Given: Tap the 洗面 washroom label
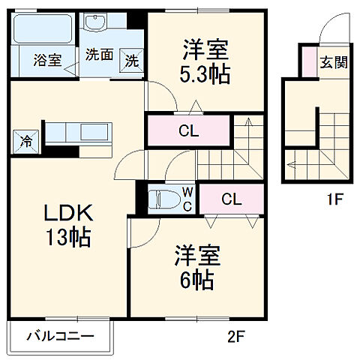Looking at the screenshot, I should click(x=97, y=54).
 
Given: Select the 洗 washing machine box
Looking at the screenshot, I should click(x=131, y=61).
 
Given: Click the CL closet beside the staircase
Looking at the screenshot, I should click(x=188, y=130).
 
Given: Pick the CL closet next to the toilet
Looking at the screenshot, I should click(x=231, y=199).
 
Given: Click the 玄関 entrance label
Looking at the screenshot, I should click(x=334, y=62).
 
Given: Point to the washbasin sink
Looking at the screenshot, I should click(x=96, y=24).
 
